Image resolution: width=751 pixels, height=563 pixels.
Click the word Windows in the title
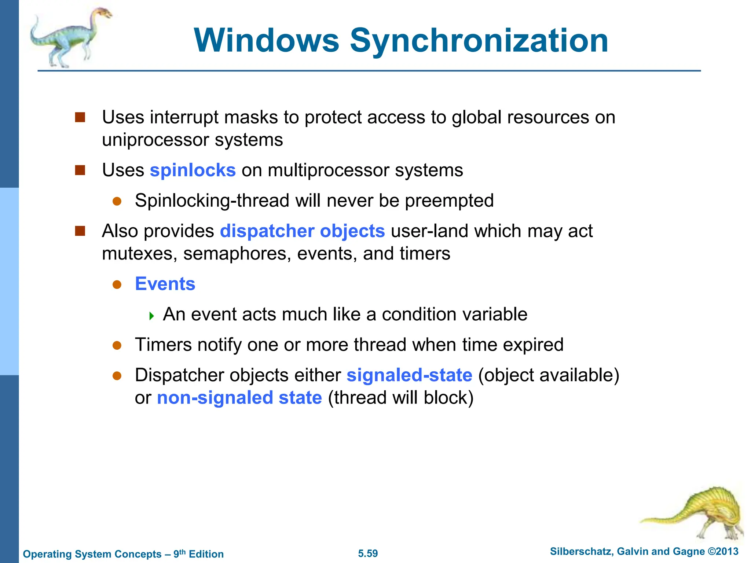click(267, 41)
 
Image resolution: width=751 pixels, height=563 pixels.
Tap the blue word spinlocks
click(193, 170)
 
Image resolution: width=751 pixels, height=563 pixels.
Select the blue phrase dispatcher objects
click(302, 231)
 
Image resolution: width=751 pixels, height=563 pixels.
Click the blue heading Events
click(165, 284)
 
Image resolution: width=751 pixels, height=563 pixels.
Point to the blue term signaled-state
click(409, 375)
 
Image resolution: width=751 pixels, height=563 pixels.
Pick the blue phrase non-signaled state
click(239, 398)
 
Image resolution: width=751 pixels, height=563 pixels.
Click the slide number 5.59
click(368, 553)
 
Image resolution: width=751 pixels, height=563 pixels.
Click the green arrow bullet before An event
click(151, 316)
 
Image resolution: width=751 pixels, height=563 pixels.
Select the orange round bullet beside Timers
click(117, 345)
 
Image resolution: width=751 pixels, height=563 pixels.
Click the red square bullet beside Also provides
click(80, 231)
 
